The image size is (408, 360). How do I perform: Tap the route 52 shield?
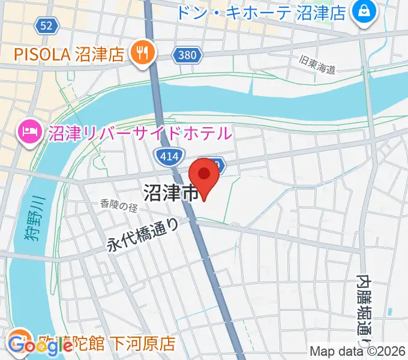click(x=46, y=25)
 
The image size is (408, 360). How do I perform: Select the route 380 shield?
click(x=187, y=56)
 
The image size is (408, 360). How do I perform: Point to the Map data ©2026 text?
click(x=356, y=352)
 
